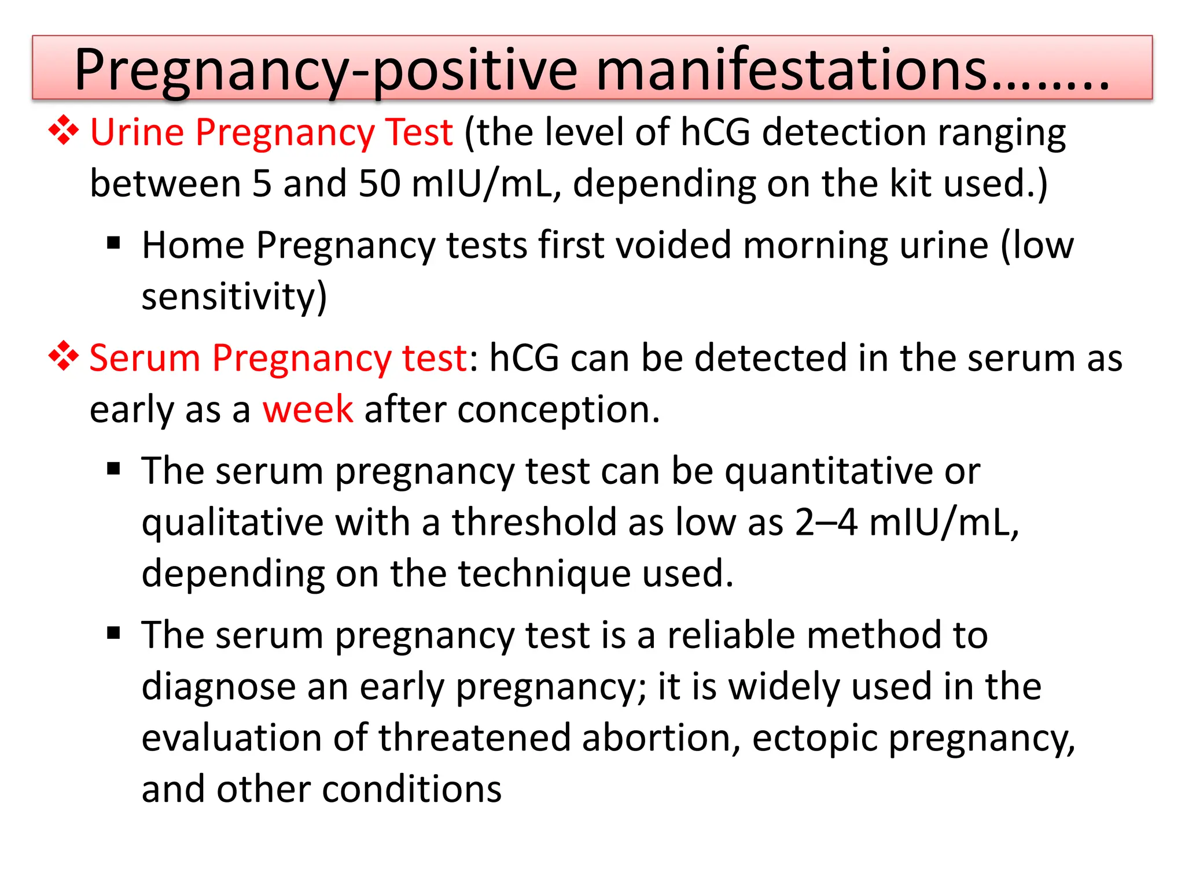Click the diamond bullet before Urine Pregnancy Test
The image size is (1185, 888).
(63, 131)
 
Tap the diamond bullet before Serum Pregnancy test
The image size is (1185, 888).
(63, 356)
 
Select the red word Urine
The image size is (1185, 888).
(137, 132)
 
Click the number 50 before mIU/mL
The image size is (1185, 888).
(380, 184)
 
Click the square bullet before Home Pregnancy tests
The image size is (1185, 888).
(113, 242)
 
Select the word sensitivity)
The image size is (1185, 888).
(234, 297)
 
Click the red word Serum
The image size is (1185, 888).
(145, 358)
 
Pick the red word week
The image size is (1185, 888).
(307, 409)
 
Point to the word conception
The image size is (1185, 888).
(558, 410)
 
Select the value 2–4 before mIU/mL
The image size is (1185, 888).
(826, 523)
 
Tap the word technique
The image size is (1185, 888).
(544, 574)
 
